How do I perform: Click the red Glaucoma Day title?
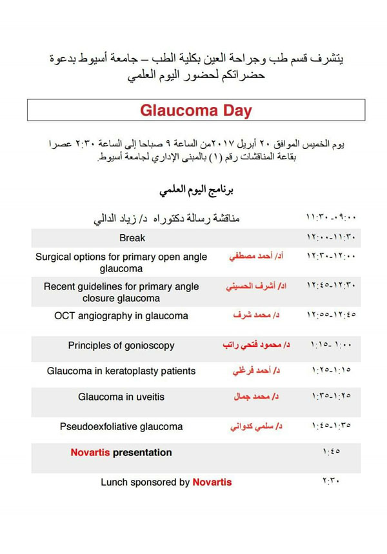196,110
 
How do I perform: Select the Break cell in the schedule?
132,238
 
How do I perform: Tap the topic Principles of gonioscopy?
121,345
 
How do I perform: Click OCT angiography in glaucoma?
121,315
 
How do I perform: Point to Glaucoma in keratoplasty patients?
121,371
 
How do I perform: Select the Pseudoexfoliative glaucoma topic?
121,426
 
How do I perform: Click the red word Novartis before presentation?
90,452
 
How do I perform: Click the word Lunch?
114,482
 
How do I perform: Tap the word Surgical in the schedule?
55,257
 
